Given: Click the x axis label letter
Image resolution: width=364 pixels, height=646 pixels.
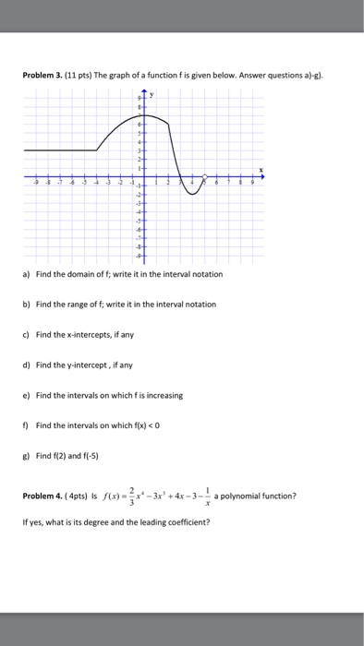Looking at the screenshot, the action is click(x=261, y=169).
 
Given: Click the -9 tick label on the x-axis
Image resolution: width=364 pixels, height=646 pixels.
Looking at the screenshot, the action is click(x=34, y=185).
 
